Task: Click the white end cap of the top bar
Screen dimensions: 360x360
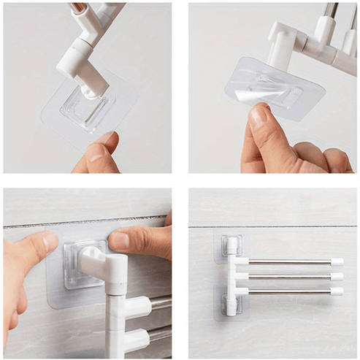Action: [337, 261]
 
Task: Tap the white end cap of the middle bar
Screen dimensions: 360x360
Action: [337, 277]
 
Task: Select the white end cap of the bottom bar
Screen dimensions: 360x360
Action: [337, 291]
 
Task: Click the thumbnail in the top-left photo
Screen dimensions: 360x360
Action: [96, 152]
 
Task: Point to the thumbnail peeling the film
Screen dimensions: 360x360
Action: [257, 117]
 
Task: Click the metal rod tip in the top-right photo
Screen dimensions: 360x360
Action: [332, 9]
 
